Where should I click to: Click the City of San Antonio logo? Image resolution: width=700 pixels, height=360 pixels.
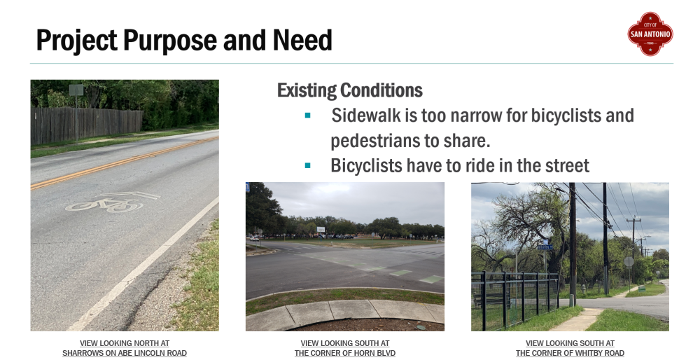point(650,34)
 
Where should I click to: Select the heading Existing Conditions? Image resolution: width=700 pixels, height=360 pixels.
point(349,90)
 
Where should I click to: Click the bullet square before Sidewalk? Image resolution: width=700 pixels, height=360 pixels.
point(307,116)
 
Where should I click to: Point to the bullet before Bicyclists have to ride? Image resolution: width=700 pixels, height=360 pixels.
point(307,166)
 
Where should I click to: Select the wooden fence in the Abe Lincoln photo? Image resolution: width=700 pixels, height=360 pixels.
point(87,125)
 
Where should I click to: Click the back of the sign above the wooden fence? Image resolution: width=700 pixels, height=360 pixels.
point(76,90)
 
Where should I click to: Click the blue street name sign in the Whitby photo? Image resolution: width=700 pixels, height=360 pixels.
point(545,247)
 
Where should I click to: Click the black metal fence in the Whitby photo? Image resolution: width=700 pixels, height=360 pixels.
point(516,298)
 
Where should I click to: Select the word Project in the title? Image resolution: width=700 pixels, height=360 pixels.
point(77,40)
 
